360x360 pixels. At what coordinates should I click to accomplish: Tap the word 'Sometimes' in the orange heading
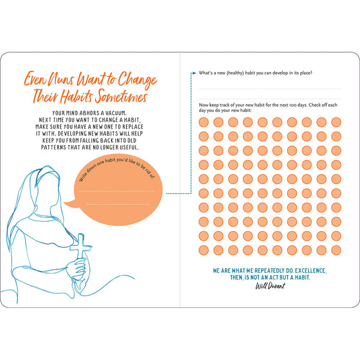pyautogui.click(x=121, y=96)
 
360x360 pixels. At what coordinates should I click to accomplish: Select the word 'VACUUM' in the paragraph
pyautogui.click(x=116, y=113)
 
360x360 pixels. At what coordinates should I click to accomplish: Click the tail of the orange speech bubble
pyautogui.click(x=71, y=203)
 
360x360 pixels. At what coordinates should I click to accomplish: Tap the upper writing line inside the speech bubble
pyautogui.click(x=116, y=191)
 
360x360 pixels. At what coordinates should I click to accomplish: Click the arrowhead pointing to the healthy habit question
pyautogui.click(x=194, y=73)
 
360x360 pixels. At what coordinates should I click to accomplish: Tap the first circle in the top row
pyautogui.click(x=203, y=122)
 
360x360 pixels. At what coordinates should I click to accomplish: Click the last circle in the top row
pyautogui.click(x=336, y=122)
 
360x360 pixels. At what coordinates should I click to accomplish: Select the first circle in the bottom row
pyautogui.click(x=203, y=250)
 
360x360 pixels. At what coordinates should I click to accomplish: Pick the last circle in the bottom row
pyautogui.click(x=336, y=250)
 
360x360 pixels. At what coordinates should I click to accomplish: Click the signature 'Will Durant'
pyautogui.click(x=270, y=286)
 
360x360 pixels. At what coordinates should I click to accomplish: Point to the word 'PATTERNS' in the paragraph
pyautogui.click(x=53, y=148)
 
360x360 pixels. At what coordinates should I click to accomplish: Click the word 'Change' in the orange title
pyautogui.click(x=137, y=80)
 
